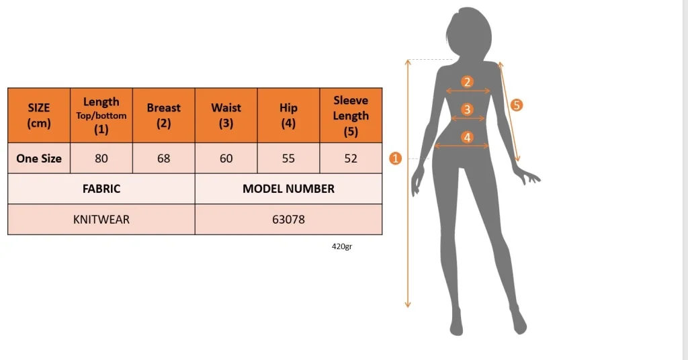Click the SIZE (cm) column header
(x=39, y=116)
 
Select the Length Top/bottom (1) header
(x=101, y=116)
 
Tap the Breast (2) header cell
(x=164, y=116)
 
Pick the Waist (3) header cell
(x=226, y=116)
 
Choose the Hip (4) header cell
(x=288, y=116)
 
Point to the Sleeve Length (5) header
(x=351, y=116)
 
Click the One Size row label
(x=39, y=159)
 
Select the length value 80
(x=101, y=159)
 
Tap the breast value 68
(x=164, y=159)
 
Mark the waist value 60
(x=226, y=159)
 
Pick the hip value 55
(x=288, y=159)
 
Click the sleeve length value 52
(x=351, y=159)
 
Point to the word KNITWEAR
(x=101, y=219)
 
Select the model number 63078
(x=288, y=219)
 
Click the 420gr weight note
(x=342, y=246)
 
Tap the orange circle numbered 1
(x=395, y=159)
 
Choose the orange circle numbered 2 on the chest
(x=468, y=81)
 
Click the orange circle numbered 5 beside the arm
(x=517, y=105)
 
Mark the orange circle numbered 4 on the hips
(x=468, y=137)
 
